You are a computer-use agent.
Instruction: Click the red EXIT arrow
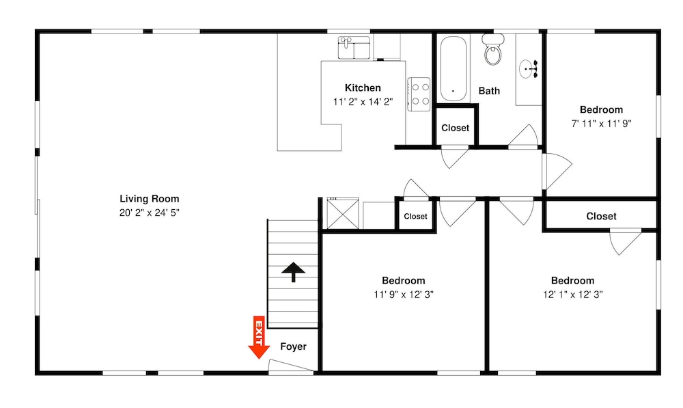coord(259,337)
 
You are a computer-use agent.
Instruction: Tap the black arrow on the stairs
coord(293,272)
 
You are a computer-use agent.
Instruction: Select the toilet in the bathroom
coord(493,49)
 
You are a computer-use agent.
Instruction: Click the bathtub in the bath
coord(453,68)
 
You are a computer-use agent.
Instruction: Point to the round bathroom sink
coord(528,69)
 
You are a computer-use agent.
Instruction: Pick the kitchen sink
coord(354,48)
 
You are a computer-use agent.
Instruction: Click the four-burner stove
coord(419,94)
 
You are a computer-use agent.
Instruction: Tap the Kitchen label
coord(363,88)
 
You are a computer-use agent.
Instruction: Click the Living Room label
coord(150,199)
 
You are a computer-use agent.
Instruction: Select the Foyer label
coord(293,346)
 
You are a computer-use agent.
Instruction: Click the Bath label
coord(489,91)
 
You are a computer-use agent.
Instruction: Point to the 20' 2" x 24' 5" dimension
coord(150,213)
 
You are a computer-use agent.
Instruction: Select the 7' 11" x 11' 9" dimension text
coord(601,124)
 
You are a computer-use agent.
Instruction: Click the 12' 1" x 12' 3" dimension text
coord(572,295)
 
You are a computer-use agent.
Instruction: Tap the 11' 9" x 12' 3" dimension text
coord(404,295)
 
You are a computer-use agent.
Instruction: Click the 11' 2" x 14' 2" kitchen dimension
coord(363,102)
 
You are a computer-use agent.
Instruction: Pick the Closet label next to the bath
coord(455,128)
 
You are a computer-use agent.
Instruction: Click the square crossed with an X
coord(343,213)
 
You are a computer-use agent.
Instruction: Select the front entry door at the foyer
coord(290,366)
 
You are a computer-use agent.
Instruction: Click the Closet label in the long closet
coord(601,216)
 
